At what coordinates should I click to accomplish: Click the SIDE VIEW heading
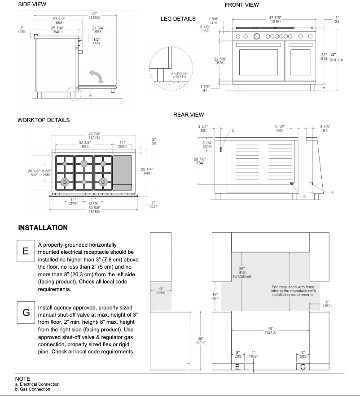pyautogui.click(x=32, y=4)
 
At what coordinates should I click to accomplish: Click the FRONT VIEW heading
pyautogui.click(x=241, y=5)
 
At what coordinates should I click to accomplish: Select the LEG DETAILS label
pyautogui.click(x=178, y=19)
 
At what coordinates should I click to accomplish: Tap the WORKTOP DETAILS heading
pyautogui.click(x=43, y=120)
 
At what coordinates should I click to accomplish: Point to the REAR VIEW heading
pyautogui.click(x=189, y=115)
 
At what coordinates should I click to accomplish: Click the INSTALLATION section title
pyautogui.click(x=43, y=228)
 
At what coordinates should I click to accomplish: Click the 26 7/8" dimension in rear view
pyautogui.click(x=200, y=161)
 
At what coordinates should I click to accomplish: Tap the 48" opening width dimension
pyautogui.click(x=270, y=330)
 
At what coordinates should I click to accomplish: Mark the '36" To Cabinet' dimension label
pyautogui.click(x=241, y=273)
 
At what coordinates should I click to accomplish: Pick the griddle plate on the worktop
pyautogui.click(x=123, y=170)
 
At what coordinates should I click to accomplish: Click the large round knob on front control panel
pyautogui.click(x=257, y=36)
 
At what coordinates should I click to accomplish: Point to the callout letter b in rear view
pyautogui.click(x=233, y=131)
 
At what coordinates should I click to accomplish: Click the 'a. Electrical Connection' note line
pyautogui.click(x=37, y=384)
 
